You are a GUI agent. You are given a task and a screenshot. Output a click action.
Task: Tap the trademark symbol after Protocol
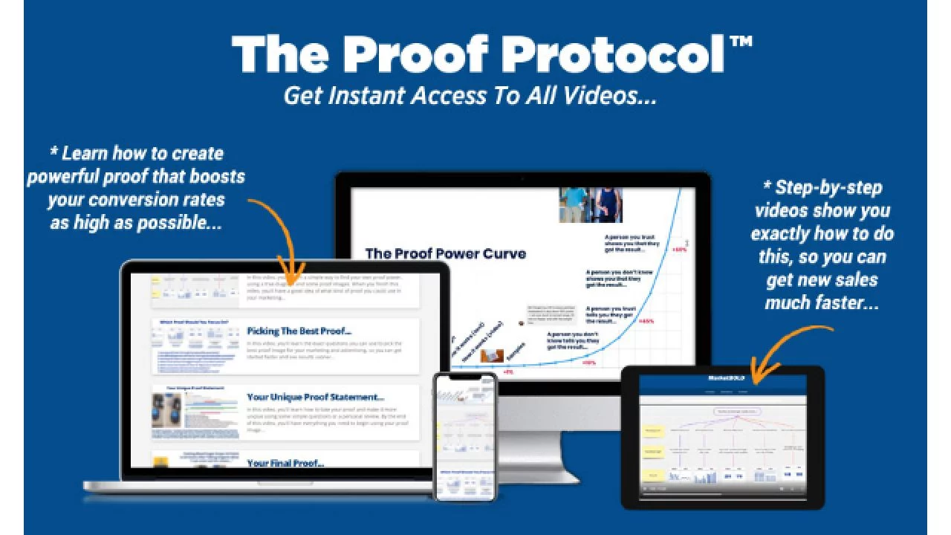[x=741, y=43]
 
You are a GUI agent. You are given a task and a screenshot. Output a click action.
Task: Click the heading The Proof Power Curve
[x=445, y=253]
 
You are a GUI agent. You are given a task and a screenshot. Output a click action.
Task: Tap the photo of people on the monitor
[x=590, y=205]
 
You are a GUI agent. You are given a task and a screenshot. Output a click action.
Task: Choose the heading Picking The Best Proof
[x=299, y=331]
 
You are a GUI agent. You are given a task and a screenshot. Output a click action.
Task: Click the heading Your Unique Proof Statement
[x=315, y=398]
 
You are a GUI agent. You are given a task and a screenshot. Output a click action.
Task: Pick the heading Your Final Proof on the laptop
[x=285, y=463]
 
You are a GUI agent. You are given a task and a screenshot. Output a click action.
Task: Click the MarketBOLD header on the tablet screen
[x=722, y=378]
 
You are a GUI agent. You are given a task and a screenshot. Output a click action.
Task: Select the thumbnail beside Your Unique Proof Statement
[x=195, y=412]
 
